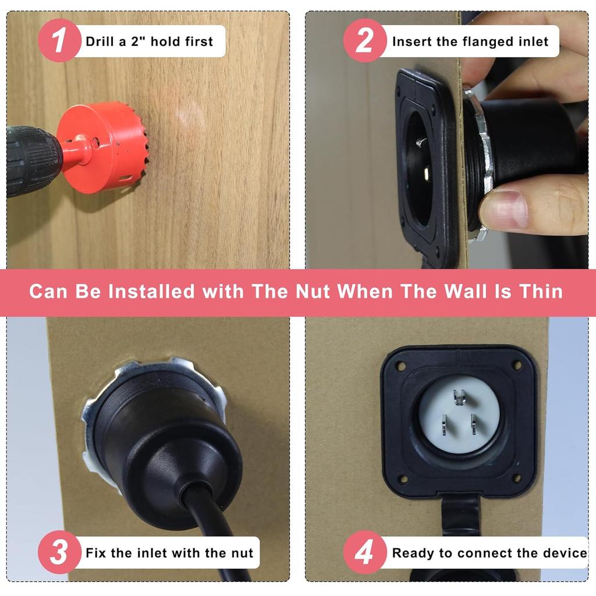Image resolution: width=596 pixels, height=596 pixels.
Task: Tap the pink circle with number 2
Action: (x=365, y=40)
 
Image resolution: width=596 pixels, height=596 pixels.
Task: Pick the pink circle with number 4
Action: (x=365, y=552)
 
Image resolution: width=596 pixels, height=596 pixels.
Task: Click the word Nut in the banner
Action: (x=313, y=292)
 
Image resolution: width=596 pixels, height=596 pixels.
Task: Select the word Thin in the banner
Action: (x=541, y=292)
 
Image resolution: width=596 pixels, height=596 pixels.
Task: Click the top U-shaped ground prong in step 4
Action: (x=460, y=397)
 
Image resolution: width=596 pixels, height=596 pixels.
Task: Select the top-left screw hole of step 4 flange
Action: (x=400, y=367)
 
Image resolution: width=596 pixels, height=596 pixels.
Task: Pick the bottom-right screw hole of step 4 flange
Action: (x=517, y=477)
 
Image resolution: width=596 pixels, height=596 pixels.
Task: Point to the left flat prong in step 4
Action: (x=444, y=425)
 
